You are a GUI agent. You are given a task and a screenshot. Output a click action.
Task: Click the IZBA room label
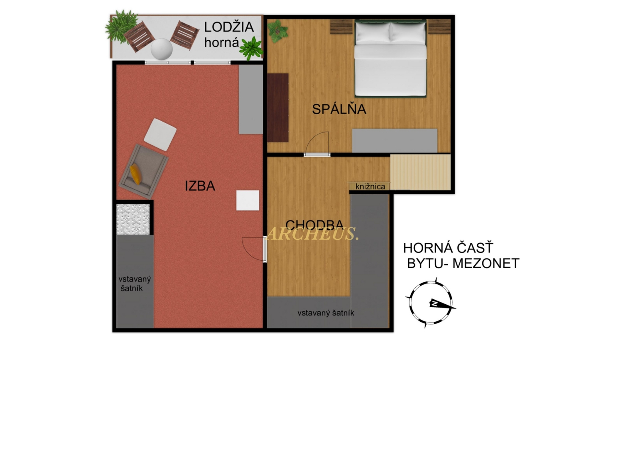(200, 186)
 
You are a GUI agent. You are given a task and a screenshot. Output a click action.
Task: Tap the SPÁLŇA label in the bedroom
(339, 109)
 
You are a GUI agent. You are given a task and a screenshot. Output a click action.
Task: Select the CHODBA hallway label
(314, 225)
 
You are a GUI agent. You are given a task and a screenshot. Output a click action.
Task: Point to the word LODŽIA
(229, 27)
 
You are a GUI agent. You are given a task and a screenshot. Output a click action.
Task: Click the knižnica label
(370, 186)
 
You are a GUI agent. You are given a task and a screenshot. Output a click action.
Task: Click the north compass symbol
(430, 303)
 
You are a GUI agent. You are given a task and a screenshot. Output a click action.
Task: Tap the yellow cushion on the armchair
(135, 174)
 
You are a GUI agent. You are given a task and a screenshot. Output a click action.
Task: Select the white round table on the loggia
(162, 49)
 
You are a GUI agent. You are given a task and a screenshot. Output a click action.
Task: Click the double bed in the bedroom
(390, 58)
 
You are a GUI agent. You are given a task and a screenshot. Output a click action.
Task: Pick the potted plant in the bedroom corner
(277, 31)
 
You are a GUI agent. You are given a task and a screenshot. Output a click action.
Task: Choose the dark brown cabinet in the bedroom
(278, 108)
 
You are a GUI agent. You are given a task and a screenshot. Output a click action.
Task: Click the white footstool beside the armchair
(160, 134)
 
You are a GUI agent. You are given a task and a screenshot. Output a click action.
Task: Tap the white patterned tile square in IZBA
(133, 219)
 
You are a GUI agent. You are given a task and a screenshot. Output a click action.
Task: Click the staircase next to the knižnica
(420, 172)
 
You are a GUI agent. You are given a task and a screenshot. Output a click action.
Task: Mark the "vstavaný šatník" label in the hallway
(326, 313)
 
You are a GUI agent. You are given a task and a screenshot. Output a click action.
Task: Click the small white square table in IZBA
(248, 200)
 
